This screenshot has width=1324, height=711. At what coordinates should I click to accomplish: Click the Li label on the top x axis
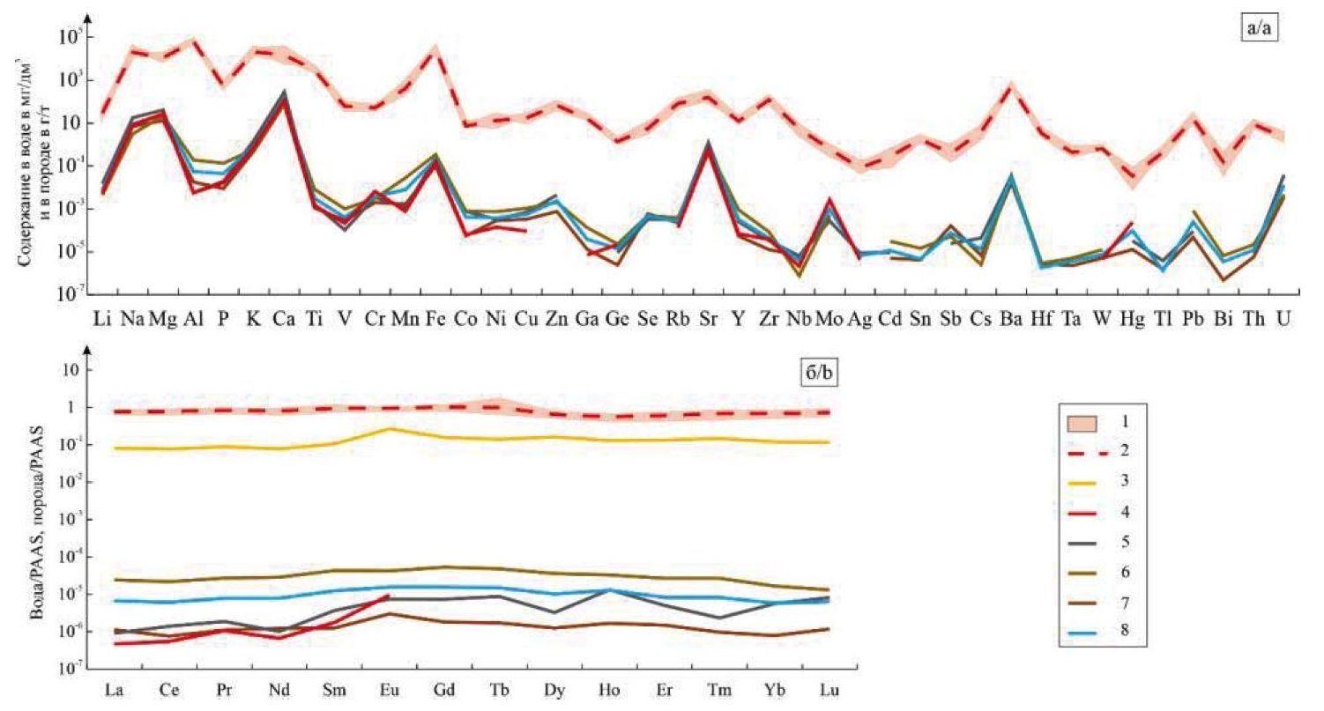click(101, 318)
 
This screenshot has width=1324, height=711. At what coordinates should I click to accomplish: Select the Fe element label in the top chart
click(434, 318)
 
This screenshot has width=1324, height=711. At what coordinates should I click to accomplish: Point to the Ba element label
click(1010, 318)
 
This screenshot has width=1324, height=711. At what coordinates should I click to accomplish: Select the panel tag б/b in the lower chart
click(816, 374)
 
